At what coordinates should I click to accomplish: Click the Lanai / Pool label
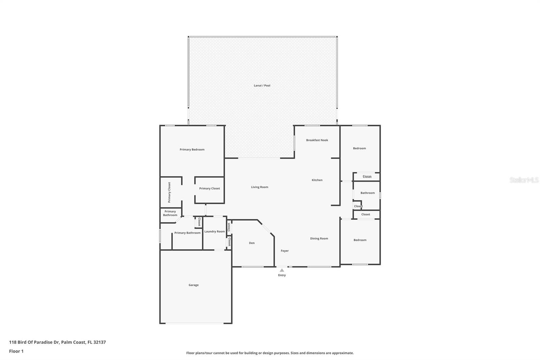pos(262,85)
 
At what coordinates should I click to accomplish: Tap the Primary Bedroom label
pos(192,150)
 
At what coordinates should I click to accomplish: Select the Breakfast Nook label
pos(317,140)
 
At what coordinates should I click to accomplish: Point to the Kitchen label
pos(317,180)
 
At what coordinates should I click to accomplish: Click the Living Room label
pos(260,187)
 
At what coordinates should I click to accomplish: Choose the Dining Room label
pos(319,239)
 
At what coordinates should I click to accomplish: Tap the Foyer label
pos(285,251)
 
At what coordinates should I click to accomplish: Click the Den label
pos(252,243)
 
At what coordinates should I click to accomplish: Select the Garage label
pos(194,285)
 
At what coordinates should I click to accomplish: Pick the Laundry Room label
pos(215,232)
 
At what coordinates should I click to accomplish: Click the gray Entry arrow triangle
pos(282,270)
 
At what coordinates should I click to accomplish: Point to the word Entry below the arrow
pos(282,275)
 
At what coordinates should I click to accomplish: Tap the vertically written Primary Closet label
pos(169,192)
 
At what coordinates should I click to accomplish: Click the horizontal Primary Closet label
pos(210,189)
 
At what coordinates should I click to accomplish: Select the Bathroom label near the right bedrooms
pos(368,193)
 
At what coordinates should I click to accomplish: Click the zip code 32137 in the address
pos(100,342)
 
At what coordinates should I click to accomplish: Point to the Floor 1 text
pos(16,351)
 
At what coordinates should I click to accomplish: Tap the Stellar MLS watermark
pos(524,180)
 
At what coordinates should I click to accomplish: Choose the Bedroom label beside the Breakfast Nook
pos(359,148)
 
